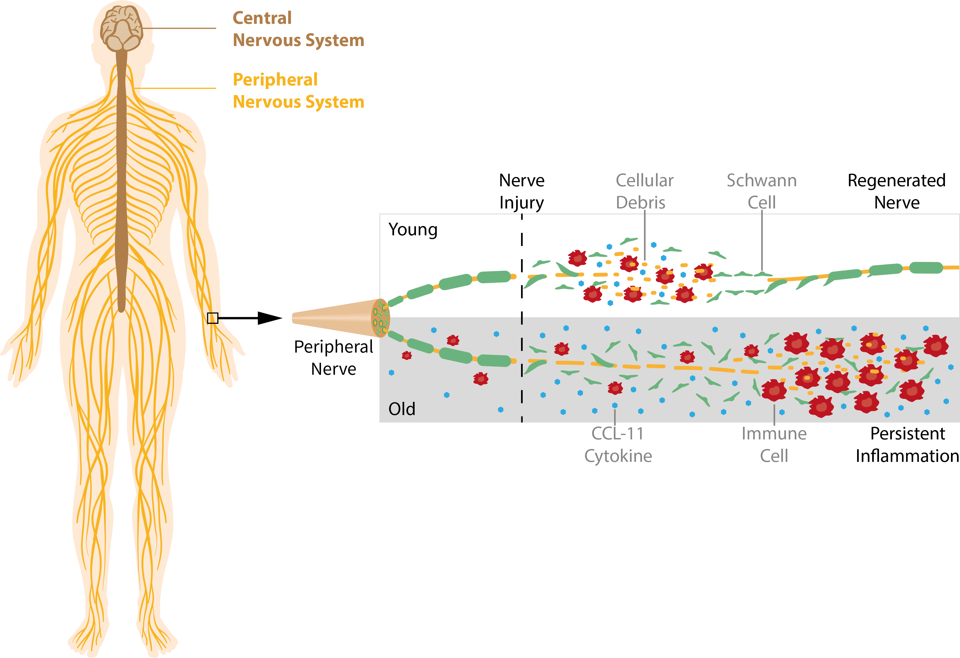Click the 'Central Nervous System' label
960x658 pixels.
tap(298, 29)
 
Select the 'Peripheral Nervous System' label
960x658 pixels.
tap(298, 91)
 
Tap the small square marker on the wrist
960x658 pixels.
tap(212, 318)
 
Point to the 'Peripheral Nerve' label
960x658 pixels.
tap(333, 358)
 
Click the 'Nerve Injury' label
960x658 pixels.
tap(522, 191)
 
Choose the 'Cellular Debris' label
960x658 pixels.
tap(644, 191)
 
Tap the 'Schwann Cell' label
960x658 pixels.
tap(762, 191)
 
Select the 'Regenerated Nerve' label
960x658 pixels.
tap(897, 191)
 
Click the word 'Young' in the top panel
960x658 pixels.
tap(413, 230)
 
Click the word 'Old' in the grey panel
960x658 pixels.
tap(401, 409)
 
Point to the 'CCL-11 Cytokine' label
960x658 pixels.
tap(618, 445)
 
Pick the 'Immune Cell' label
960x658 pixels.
tap(774, 445)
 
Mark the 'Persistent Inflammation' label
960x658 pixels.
tap(907, 445)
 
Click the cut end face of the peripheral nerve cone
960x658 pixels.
tap(380, 318)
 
